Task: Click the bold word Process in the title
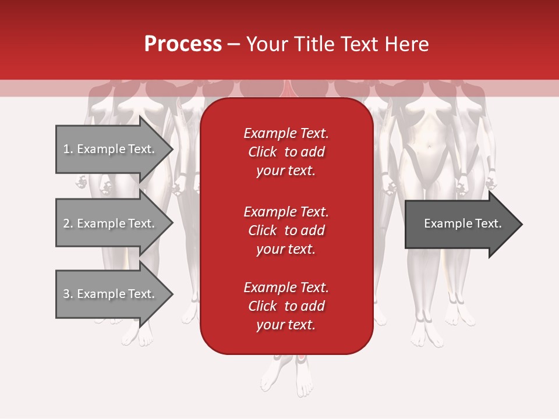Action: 183,44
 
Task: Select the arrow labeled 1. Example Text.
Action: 111,149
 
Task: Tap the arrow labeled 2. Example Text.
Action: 111,223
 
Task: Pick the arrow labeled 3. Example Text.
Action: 111,294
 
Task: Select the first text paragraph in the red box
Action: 286,152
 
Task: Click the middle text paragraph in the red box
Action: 286,230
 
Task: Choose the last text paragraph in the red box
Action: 286,306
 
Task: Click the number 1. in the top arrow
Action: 68,149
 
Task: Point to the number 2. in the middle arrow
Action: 68,223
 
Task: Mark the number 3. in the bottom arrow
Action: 68,294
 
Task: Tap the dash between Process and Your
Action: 233,45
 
